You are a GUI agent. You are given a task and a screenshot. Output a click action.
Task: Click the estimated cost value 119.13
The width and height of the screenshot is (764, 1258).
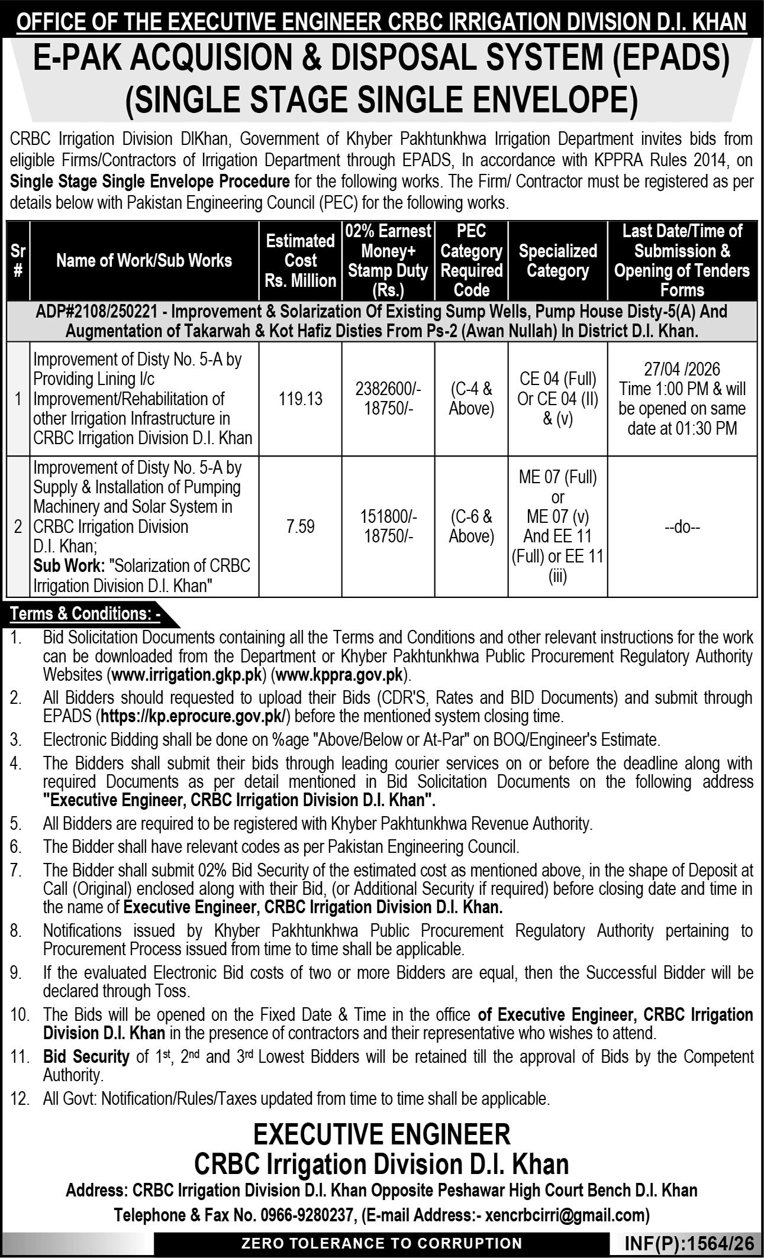[x=301, y=399]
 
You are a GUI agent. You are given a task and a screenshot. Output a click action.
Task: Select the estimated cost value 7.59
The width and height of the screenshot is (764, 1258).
[x=301, y=526]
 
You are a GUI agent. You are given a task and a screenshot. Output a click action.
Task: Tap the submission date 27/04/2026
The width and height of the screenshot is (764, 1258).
[x=682, y=370]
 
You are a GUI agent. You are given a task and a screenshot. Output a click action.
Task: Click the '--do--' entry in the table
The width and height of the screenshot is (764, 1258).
[x=682, y=527]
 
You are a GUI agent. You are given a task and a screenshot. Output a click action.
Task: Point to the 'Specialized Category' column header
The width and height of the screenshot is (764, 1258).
[x=557, y=261]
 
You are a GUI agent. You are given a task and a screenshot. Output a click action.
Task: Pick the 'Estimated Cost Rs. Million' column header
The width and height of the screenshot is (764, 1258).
[x=301, y=261]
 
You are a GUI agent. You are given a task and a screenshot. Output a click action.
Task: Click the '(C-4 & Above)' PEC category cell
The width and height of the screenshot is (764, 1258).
[x=471, y=399]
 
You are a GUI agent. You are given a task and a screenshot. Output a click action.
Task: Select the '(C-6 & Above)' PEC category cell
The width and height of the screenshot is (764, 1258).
[x=471, y=526]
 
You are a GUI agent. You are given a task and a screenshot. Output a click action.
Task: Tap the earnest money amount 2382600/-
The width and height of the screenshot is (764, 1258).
[x=388, y=389]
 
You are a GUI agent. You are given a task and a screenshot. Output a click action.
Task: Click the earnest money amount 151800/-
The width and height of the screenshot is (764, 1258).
[x=388, y=517]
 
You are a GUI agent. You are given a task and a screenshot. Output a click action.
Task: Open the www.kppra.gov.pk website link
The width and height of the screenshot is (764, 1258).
[x=341, y=675]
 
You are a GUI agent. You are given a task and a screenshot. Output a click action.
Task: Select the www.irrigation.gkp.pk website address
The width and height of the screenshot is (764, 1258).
[x=188, y=675]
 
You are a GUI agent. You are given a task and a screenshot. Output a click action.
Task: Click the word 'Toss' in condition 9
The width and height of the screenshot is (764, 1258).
[x=172, y=991]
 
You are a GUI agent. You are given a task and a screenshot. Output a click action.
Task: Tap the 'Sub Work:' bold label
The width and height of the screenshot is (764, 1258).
[x=69, y=566]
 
